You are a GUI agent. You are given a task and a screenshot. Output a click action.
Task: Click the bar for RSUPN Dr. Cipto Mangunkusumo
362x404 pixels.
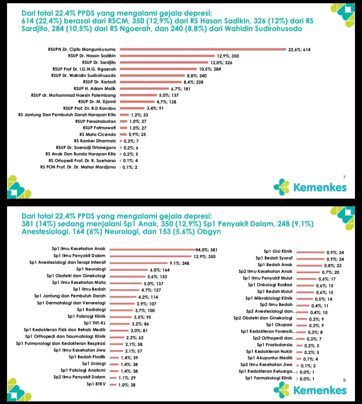[x=203, y=49]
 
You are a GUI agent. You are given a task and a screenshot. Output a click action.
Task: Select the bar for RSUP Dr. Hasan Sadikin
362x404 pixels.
[x=167, y=56]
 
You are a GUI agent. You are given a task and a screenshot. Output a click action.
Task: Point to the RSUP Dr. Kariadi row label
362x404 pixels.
[x=99, y=82]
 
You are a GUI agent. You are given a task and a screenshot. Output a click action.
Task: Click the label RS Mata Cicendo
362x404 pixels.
[x=98, y=134]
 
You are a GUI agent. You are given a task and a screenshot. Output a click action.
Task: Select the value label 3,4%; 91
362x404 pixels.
[x=155, y=108]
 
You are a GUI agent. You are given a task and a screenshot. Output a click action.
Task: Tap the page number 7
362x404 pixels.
[x=344, y=177]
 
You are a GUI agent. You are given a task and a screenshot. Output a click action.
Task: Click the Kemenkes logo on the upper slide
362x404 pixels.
[x=310, y=187]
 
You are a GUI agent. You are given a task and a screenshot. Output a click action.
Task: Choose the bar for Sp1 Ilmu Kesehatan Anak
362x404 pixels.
[x=153, y=249]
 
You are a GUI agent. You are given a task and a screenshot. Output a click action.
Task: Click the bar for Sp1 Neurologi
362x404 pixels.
[x=129, y=269]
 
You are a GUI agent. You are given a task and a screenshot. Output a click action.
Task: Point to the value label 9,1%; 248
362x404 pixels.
[x=179, y=263]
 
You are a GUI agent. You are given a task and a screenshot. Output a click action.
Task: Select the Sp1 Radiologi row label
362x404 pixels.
[x=91, y=310]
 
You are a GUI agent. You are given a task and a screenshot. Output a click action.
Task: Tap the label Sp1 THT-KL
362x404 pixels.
[x=95, y=323]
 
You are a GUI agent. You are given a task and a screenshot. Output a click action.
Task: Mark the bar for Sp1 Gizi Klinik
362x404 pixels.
[x=310, y=252]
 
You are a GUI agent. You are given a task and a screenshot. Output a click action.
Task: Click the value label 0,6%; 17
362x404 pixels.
[x=327, y=279]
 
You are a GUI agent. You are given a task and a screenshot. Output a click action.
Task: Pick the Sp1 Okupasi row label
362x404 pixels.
[x=279, y=325]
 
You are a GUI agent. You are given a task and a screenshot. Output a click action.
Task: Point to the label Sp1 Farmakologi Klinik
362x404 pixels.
[x=268, y=378]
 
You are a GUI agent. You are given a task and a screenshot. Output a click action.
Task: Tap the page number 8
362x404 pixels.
[x=344, y=380]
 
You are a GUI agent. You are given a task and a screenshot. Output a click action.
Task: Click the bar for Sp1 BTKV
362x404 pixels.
[x=113, y=385]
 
